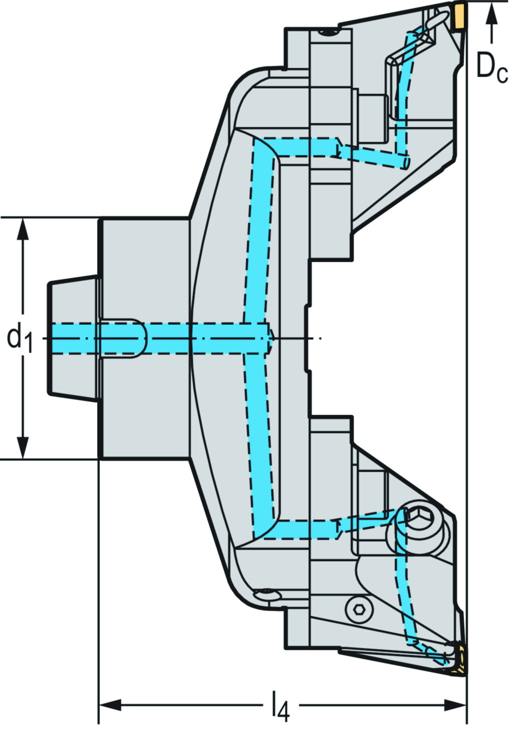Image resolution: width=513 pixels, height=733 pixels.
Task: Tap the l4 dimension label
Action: tap(281, 707)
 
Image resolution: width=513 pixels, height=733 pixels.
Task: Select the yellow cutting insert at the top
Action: tap(458, 16)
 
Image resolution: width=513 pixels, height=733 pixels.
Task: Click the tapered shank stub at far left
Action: tap(73, 338)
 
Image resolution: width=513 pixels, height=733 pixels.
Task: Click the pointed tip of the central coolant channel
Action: tap(271, 338)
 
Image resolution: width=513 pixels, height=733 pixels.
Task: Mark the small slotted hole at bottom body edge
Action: tap(266, 595)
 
